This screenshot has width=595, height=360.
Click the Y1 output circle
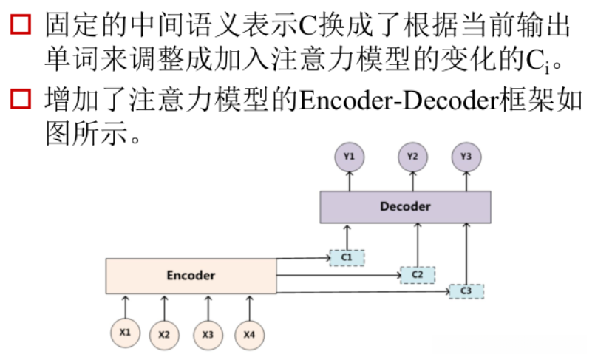(349, 157)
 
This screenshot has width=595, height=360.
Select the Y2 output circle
(412, 157)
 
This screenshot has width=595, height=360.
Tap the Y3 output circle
(466, 157)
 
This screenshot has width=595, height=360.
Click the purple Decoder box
(404, 207)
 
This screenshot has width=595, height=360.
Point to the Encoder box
(191, 276)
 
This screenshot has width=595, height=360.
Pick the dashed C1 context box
(347, 257)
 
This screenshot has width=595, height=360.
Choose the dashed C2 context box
(417, 274)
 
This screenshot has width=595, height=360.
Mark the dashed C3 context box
(466, 291)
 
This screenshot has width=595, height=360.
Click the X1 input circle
(125, 333)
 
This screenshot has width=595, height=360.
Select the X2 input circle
(164, 335)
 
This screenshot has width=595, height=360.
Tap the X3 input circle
(208, 335)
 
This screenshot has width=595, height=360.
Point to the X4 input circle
(249, 335)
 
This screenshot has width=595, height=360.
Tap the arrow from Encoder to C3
(362, 293)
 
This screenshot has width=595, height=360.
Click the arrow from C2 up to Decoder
(418, 244)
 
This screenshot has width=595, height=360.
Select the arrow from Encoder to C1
(303, 258)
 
